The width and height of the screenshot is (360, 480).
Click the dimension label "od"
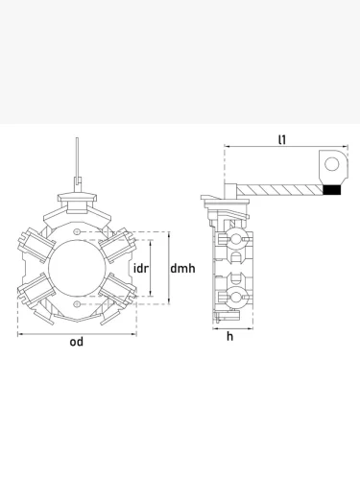click(x=77, y=342)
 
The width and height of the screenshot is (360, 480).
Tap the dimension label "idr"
click(x=141, y=268)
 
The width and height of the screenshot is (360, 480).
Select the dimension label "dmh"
click(x=182, y=268)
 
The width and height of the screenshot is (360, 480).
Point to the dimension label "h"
click(x=229, y=336)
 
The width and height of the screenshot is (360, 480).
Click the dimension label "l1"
click(x=282, y=139)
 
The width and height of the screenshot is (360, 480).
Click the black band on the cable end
click(x=331, y=190)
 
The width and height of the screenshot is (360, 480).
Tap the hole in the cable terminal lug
click(x=332, y=164)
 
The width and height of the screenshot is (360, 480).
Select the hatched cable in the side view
click(x=279, y=190)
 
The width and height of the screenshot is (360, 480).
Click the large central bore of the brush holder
click(x=77, y=268)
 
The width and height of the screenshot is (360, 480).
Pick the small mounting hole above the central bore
click(x=77, y=231)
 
